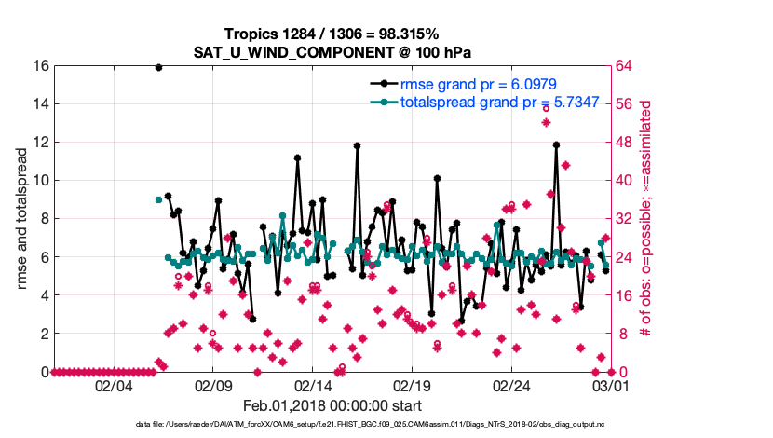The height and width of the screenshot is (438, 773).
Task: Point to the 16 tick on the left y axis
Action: (40, 66)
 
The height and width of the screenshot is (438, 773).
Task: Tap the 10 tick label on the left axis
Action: (40, 181)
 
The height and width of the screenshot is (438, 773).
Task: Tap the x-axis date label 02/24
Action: (511, 386)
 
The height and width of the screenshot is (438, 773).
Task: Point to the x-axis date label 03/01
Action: (610, 386)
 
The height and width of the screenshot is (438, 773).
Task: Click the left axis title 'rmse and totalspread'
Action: (20, 219)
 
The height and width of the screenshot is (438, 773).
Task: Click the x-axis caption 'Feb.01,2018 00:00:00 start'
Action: (331, 405)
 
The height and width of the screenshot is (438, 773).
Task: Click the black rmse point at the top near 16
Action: (158, 67)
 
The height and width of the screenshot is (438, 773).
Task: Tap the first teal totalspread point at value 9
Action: (158, 199)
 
